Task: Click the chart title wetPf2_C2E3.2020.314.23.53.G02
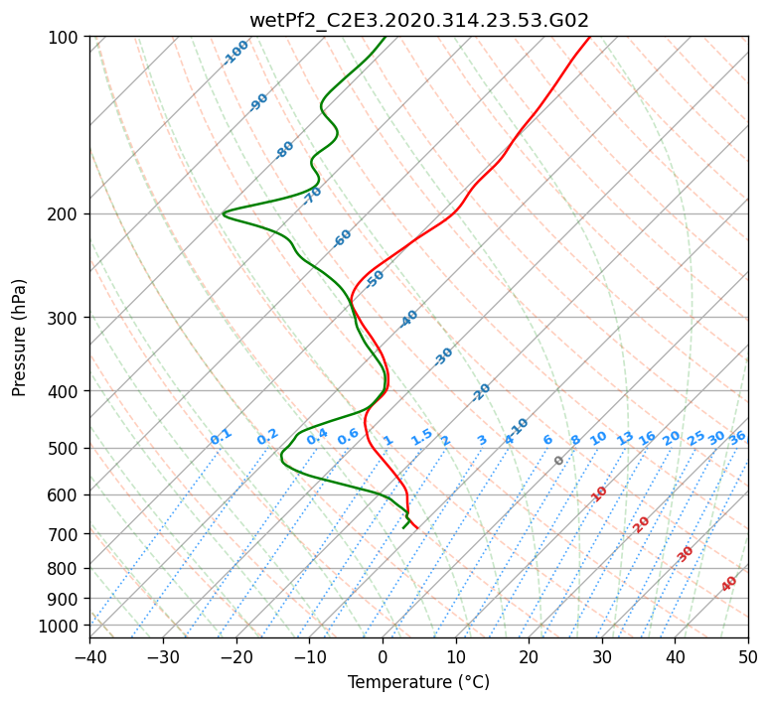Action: click(419, 20)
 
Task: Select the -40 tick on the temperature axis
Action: click(89, 656)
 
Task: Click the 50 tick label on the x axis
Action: click(748, 656)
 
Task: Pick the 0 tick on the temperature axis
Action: click(384, 656)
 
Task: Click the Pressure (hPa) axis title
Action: click(19, 338)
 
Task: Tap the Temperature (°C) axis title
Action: click(419, 682)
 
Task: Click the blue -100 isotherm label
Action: click(235, 53)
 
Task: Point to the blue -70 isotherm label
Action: click(312, 196)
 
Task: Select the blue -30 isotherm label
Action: click(443, 356)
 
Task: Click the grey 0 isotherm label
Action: click(558, 461)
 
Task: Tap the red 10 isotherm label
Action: click(599, 494)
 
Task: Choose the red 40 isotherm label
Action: click(728, 584)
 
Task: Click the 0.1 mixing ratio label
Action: click(221, 437)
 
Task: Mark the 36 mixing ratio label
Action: click(737, 438)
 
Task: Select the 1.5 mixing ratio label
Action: click(422, 437)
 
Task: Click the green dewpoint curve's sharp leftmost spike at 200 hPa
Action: click(223, 214)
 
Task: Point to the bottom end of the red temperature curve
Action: click(417, 528)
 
